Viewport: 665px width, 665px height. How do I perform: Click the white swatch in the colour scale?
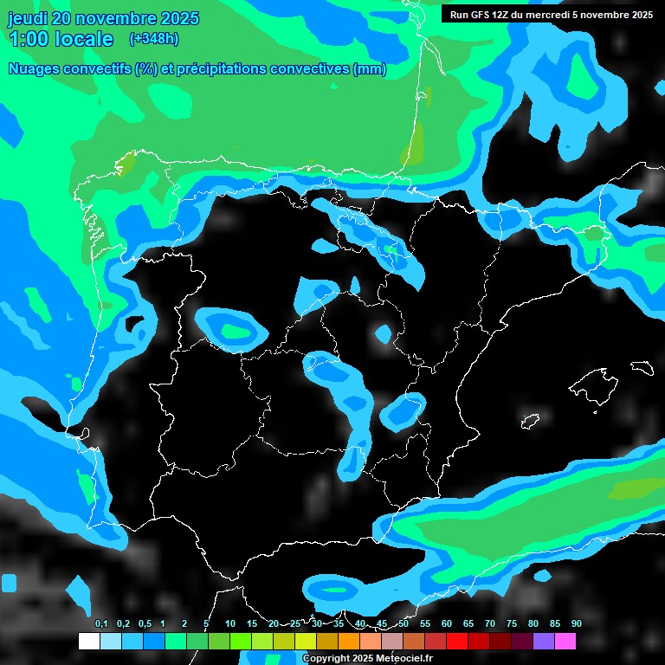click(x=88, y=641)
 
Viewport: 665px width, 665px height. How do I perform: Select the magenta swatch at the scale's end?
click(x=565, y=641)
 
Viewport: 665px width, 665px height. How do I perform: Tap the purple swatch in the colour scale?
click(x=544, y=641)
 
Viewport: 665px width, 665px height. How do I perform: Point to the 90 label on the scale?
click(x=576, y=624)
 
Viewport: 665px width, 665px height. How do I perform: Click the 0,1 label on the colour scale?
click(x=101, y=624)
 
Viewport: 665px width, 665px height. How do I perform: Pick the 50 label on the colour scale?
click(x=404, y=624)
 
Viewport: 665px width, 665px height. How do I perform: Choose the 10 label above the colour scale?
click(x=229, y=624)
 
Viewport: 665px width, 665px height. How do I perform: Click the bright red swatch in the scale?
click(x=457, y=641)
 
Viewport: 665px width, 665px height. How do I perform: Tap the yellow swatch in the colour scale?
click(x=305, y=641)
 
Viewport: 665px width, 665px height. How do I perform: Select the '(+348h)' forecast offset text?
click(x=153, y=38)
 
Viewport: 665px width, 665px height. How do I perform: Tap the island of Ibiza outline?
click(x=529, y=421)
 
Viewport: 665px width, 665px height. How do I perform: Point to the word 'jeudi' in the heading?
click(x=28, y=18)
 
